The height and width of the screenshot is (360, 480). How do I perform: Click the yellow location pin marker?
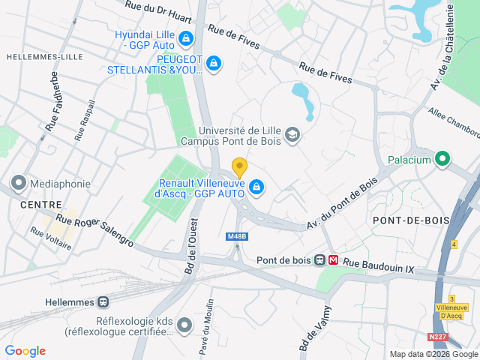point(239,168)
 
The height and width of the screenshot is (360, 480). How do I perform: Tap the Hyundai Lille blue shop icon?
point(186,38)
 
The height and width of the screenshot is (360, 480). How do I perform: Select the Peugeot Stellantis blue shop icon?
point(214,64)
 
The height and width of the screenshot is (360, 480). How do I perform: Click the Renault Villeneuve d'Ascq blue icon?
point(256,187)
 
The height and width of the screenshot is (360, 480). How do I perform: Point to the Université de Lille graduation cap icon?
point(292,135)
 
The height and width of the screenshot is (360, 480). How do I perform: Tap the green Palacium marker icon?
point(442,159)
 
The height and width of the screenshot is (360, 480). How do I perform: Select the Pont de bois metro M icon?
point(332,260)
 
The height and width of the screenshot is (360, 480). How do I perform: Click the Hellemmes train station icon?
point(103,302)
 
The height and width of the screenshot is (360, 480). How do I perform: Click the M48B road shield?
point(236,237)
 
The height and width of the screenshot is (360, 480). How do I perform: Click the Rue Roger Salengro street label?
point(95,231)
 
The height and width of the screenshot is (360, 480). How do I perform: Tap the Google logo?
point(25,350)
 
